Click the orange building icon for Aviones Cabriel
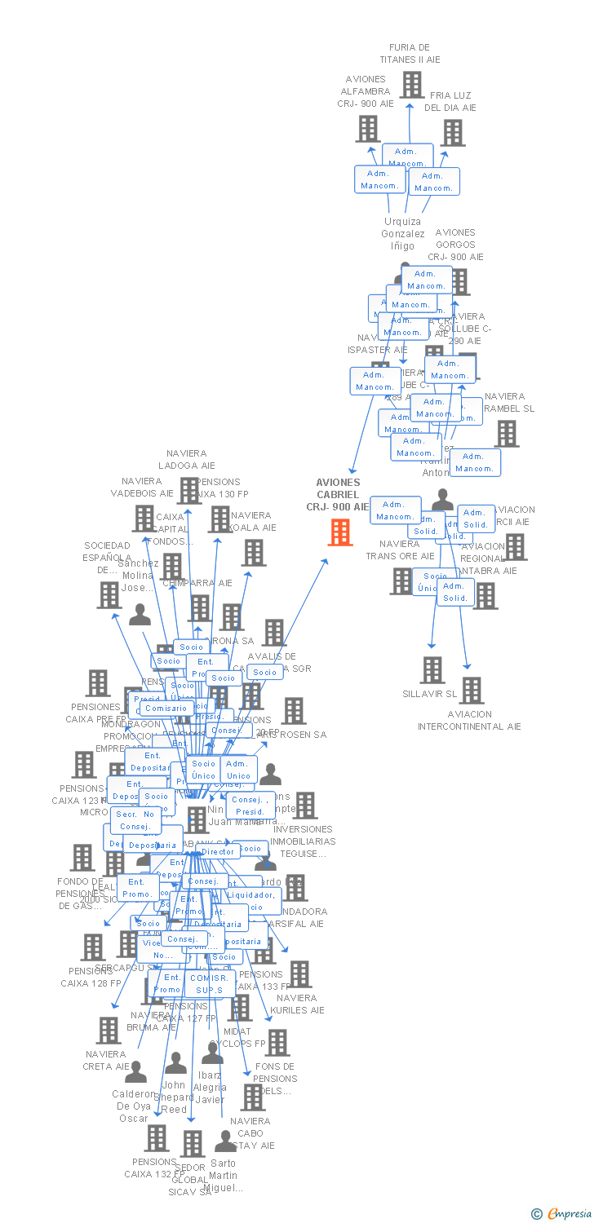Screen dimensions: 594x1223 click(x=340, y=532)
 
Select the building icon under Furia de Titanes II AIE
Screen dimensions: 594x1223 click(x=411, y=85)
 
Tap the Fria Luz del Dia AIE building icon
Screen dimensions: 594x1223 click(x=453, y=133)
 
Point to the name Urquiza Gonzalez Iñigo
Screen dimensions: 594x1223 click(x=402, y=233)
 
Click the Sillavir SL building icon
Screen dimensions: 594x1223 click(x=432, y=670)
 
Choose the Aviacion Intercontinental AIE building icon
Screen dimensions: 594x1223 click(x=471, y=691)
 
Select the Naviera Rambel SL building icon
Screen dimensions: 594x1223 click(x=507, y=434)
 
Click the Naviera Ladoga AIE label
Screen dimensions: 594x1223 click(x=187, y=460)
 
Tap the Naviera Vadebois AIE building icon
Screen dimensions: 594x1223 click(x=144, y=518)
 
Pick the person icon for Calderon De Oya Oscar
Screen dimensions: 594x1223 click(x=136, y=1071)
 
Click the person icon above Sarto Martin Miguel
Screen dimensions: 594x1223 click(x=224, y=1141)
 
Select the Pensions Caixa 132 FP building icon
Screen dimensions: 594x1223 click(x=157, y=1138)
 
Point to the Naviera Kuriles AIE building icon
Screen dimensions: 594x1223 click(x=299, y=974)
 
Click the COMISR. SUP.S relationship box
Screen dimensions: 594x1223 click(x=210, y=983)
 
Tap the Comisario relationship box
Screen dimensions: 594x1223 click(x=166, y=709)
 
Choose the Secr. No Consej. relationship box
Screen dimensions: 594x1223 click(x=136, y=819)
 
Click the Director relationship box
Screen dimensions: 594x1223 click(x=218, y=851)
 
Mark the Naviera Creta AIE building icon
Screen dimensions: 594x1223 click(x=109, y=1031)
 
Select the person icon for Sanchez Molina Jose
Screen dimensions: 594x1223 click(x=140, y=615)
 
